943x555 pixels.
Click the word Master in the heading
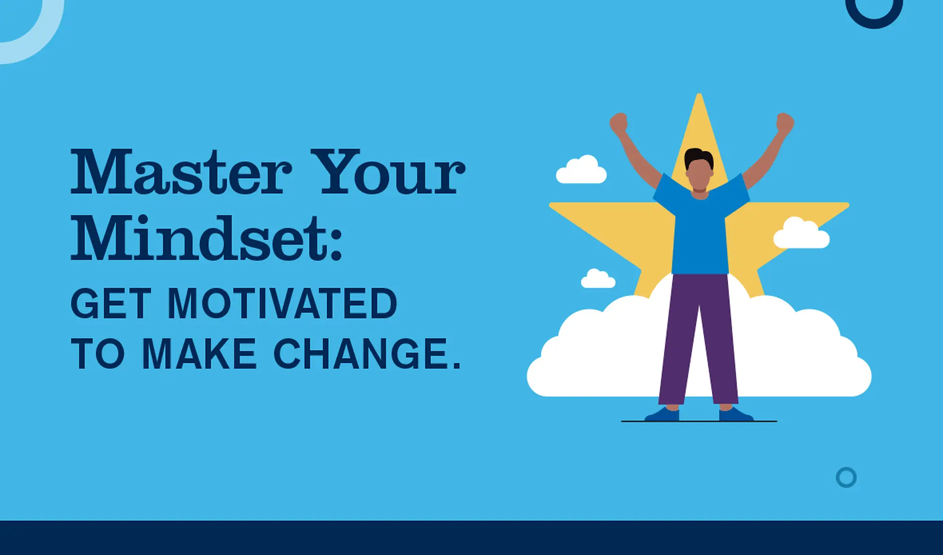pyautogui.click(x=182, y=172)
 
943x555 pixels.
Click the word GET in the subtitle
pyautogui.click(x=111, y=304)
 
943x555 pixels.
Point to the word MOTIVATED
pyautogui.click(x=282, y=304)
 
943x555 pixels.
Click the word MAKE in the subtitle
pyautogui.click(x=199, y=354)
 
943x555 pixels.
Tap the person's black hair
pyautogui.click(x=699, y=157)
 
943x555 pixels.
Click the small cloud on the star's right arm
pyautogui.click(x=802, y=233)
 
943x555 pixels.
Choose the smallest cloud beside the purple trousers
pyautogui.click(x=598, y=279)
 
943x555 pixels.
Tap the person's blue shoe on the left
pyautogui.click(x=662, y=414)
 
